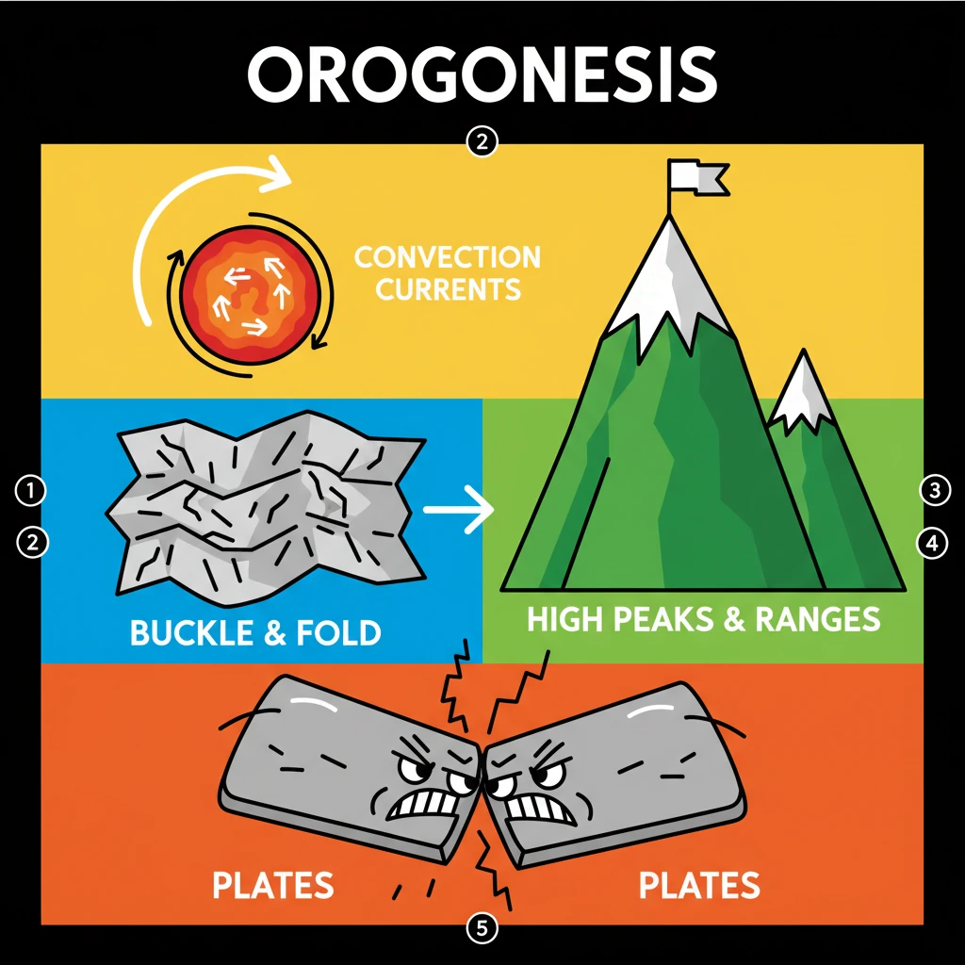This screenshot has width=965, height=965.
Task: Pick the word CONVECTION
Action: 447,256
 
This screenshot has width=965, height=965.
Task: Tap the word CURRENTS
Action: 449,288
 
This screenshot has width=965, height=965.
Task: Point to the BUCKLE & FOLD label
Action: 255,631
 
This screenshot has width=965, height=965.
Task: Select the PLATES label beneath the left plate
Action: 272,886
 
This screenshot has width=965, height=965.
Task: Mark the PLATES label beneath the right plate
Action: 698,886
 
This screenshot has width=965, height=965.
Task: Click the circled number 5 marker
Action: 482,928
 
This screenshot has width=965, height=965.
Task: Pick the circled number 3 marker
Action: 933,489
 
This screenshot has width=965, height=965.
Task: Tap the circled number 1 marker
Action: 31,489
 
